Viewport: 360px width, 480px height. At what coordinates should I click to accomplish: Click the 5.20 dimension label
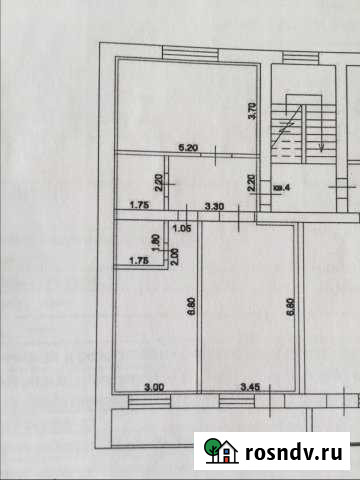tap(187, 147)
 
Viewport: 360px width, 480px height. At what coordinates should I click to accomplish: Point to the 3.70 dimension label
tap(252, 112)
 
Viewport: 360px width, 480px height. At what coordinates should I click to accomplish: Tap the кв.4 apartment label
tap(282, 185)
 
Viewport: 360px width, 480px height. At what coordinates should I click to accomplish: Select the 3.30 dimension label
tap(215, 205)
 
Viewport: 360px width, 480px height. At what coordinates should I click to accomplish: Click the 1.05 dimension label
tap(181, 228)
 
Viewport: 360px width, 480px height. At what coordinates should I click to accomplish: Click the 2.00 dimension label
tap(175, 255)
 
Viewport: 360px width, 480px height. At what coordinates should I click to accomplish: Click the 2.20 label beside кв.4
tap(251, 184)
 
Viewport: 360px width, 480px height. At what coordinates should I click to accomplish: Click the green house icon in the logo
tap(220, 450)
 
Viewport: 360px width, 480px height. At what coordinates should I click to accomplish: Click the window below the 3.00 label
tap(154, 402)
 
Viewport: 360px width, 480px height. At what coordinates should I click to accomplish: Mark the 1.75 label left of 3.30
tap(139, 205)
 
